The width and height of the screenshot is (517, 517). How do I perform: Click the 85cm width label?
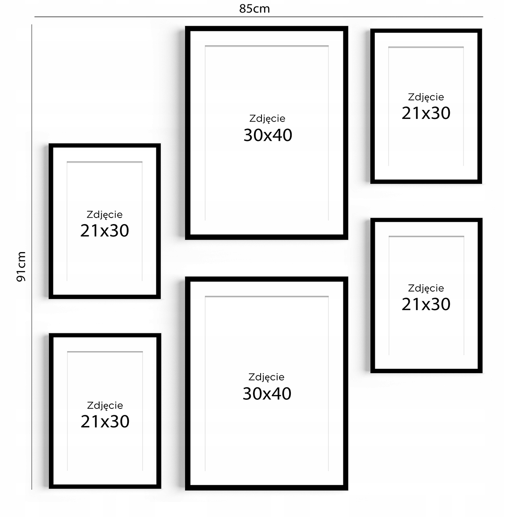click(x=254, y=9)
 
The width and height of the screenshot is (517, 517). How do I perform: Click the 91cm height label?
click(x=21, y=267)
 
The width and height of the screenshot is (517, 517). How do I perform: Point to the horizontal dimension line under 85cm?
click(x=258, y=17)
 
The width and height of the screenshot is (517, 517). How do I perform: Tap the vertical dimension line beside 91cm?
click(x=31, y=257)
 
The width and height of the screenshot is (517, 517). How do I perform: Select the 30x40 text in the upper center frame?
click(x=268, y=135)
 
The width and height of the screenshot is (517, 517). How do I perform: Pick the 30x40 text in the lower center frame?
click(x=267, y=394)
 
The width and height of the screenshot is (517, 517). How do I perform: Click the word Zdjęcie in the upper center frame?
click(x=267, y=118)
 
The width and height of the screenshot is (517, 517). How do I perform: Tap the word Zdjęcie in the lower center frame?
click(x=266, y=377)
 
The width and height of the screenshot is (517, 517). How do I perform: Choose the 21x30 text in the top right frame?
click(x=426, y=113)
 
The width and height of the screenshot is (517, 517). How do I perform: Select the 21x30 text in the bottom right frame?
click(x=426, y=304)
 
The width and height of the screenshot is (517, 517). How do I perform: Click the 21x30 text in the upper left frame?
click(x=105, y=230)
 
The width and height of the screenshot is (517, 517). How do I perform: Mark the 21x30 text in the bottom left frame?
click(x=105, y=421)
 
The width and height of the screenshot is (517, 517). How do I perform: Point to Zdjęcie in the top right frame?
click(x=426, y=97)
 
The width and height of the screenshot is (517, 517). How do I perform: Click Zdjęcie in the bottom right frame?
click(x=426, y=288)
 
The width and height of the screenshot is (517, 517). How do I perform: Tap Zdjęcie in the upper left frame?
click(x=105, y=215)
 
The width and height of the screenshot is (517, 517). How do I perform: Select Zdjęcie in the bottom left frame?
click(x=105, y=405)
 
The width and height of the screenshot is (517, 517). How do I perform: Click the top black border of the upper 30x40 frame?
click(x=266, y=28)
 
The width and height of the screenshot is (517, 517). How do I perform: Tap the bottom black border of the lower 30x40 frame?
click(x=266, y=488)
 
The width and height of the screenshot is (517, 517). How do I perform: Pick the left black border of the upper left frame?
click(x=51, y=221)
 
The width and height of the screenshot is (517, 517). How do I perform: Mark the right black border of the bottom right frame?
click(x=480, y=296)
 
